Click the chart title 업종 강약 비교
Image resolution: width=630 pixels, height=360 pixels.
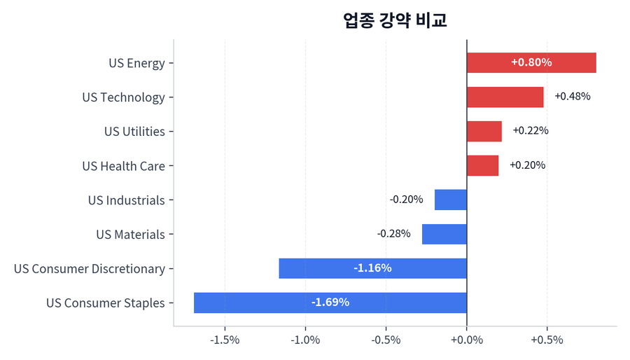(x=395, y=20)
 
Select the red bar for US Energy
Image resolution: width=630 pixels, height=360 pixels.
(x=531, y=62)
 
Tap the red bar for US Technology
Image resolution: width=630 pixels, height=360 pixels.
(x=505, y=97)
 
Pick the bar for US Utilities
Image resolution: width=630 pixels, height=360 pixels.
(x=484, y=131)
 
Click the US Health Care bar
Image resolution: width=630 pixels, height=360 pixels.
(x=482, y=165)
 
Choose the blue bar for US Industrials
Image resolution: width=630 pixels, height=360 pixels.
(x=450, y=200)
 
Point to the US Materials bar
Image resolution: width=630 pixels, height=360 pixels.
(x=444, y=234)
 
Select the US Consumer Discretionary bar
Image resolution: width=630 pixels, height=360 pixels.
(x=372, y=268)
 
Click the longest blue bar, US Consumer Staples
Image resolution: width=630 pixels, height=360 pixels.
(x=330, y=303)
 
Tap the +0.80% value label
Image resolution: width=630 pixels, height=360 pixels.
(x=531, y=62)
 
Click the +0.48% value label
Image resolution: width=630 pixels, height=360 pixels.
(x=572, y=97)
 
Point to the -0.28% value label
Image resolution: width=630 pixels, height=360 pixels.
(x=393, y=234)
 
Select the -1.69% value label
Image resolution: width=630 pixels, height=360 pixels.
(x=330, y=303)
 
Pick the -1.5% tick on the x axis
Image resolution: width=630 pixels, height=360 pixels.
(x=225, y=340)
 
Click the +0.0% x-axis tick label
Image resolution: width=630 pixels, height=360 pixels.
(x=466, y=340)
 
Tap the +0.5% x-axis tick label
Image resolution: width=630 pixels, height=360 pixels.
(x=547, y=340)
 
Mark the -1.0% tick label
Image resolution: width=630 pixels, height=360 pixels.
(x=305, y=340)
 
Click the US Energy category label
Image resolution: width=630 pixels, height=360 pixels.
(x=136, y=63)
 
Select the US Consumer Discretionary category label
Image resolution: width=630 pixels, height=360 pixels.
(x=89, y=269)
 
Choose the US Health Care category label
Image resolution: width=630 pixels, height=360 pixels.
(x=123, y=166)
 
